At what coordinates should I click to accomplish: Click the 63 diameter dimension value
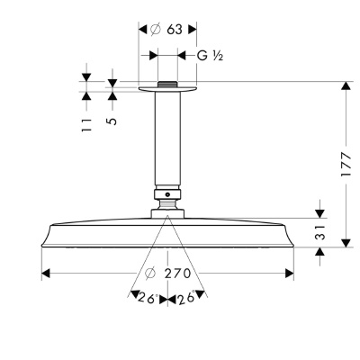tap(175, 30)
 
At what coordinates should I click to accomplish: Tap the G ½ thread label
tap(210, 56)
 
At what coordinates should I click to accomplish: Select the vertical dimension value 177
tap(346, 165)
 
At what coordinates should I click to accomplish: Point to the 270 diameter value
tap(177, 274)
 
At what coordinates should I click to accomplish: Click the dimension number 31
tap(320, 232)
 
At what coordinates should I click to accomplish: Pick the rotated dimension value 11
tap(86, 125)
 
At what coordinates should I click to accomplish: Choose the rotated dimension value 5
tap(112, 121)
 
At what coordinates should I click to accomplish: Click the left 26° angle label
tap(148, 298)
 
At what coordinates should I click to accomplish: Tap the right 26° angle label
tap(186, 297)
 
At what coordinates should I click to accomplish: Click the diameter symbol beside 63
tap(155, 30)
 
